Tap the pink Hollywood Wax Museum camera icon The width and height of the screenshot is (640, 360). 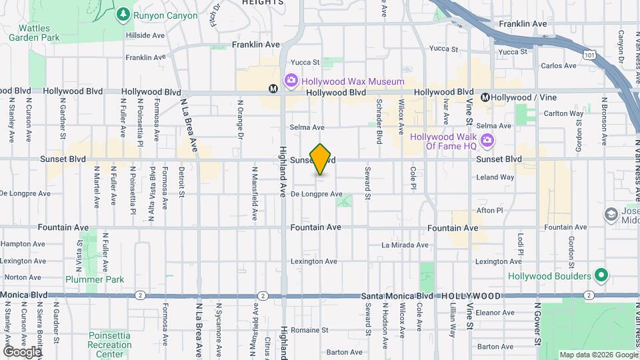click(291, 81)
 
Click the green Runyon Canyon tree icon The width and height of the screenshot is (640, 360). click(123, 14)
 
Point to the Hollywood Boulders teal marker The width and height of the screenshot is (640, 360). click(601, 275)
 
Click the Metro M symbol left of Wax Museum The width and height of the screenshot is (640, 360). click(273, 88)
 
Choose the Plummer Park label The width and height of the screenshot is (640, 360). click(95, 280)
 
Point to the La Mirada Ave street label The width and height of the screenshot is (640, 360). click(403, 245)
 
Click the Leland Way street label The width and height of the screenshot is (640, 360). click(495, 177)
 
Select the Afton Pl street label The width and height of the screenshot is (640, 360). click(490, 210)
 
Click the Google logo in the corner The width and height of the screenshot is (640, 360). click(22, 351)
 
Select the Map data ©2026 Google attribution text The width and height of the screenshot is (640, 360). click(597, 355)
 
